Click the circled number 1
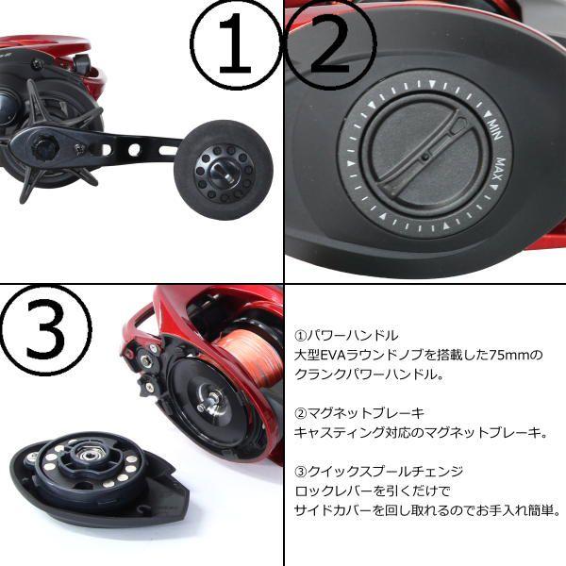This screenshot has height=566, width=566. tap(235, 45)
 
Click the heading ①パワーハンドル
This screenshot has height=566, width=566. tap(347, 335)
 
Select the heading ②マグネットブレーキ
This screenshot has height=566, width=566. tap(359, 412)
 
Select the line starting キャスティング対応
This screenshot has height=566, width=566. tap(421, 432)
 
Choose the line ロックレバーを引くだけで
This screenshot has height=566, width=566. tap(374, 491)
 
